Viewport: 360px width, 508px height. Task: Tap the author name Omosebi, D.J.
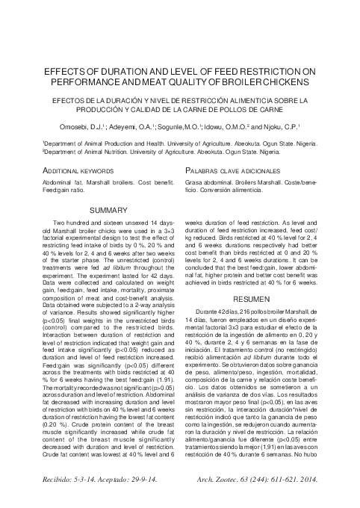84,127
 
